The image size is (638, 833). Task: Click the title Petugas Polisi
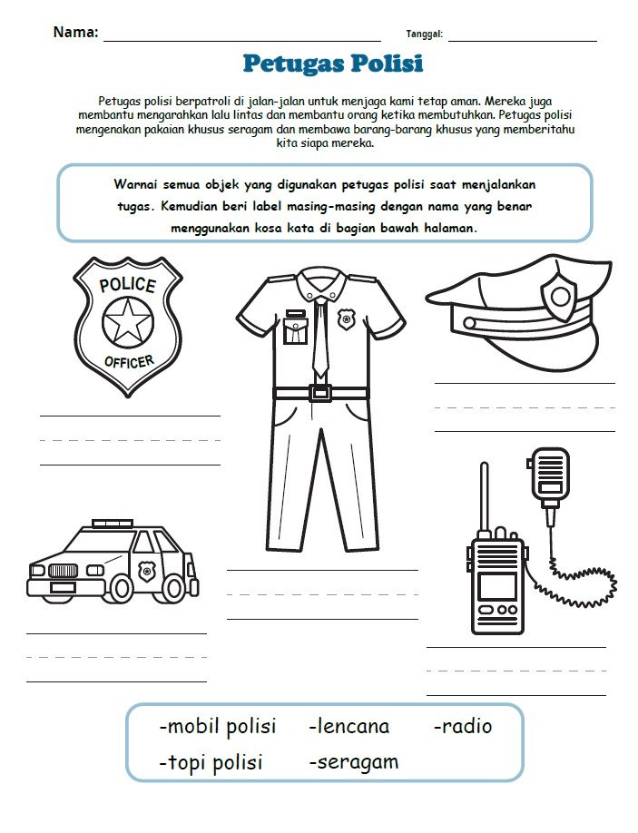tap(333, 64)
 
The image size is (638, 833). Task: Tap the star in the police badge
tap(127, 322)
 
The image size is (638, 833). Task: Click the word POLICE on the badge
tap(127, 285)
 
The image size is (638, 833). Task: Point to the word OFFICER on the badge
tap(128, 362)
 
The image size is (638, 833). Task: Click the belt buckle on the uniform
tap(319, 393)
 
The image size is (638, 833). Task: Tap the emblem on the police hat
tap(560, 297)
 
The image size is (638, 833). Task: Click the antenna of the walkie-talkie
tap(484, 497)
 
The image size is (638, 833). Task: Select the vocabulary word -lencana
tap(349, 726)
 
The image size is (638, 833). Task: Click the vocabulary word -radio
tap(463, 726)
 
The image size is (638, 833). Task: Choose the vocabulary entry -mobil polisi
tap(218, 726)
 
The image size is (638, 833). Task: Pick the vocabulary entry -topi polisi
tap(211, 762)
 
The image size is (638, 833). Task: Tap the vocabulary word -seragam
tap(354, 762)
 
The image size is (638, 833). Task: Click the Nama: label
tap(75, 32)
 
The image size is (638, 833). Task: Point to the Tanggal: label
tap(424, 34)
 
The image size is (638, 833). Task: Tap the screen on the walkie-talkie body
tap(496, 586)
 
